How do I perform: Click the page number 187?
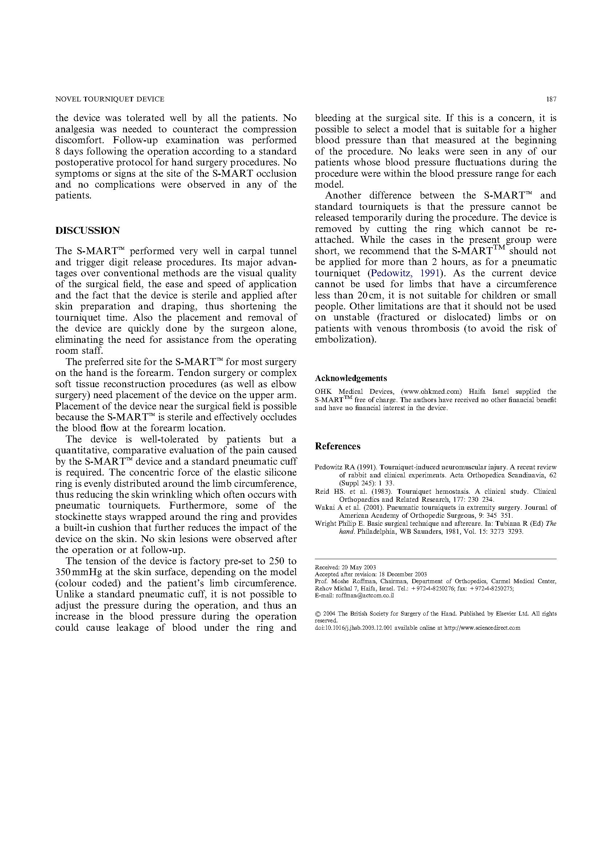(551, 99)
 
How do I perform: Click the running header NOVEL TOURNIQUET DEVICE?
(110, 99)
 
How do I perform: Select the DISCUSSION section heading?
(88, 230)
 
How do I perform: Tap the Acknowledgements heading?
(350, 378)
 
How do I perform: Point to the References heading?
(337, 446)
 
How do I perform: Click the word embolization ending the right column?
(345, 340)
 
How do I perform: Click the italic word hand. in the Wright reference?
(347, 532)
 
